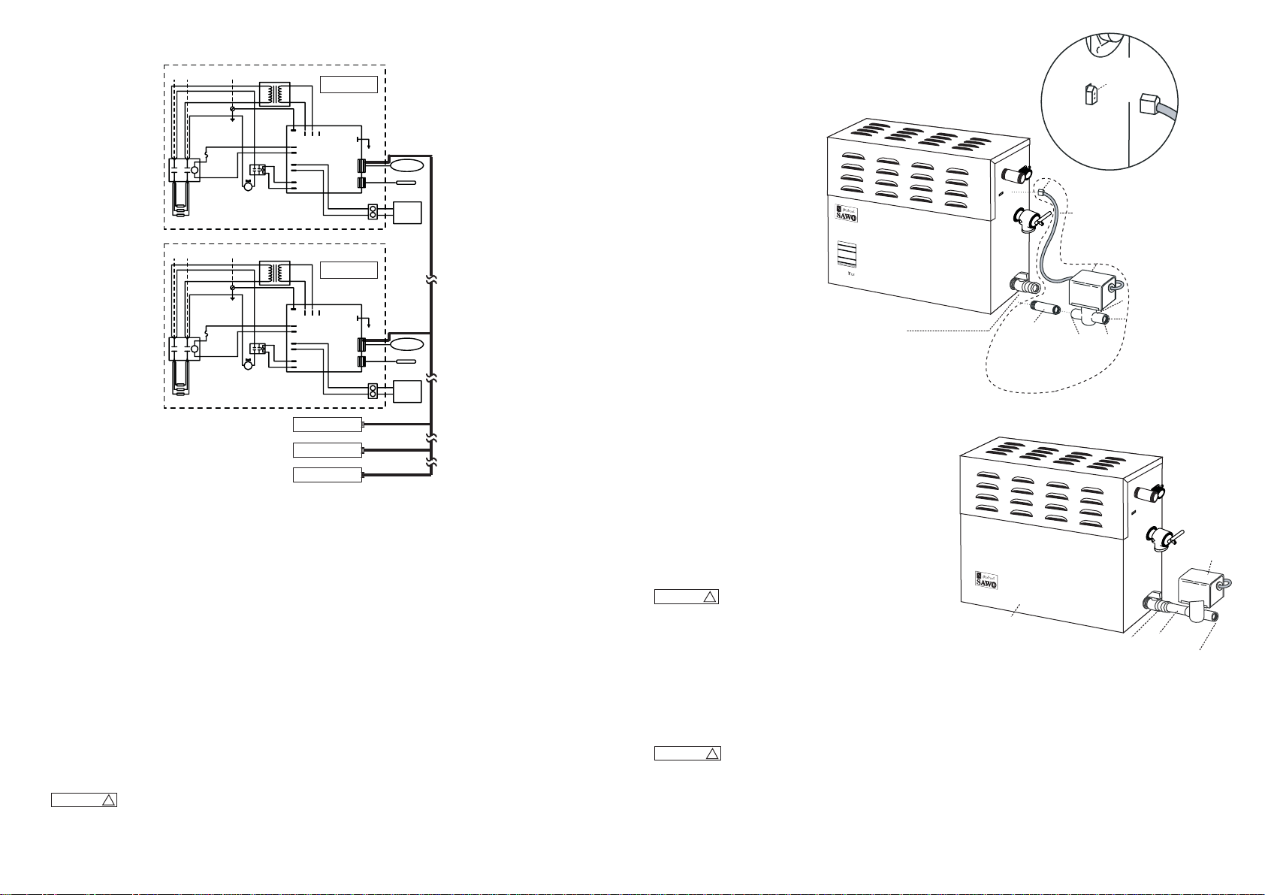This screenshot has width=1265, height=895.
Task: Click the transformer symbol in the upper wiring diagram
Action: pyautogui.click(x=273, y=93)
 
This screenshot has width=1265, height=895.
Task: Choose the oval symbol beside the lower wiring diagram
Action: pyautogui.click(x=406, y=344)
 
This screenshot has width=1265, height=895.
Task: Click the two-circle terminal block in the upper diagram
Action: pyautogui.click(x=372, y=211)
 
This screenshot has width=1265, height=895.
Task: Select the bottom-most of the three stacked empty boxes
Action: pyautogui.click(x=327, y=475)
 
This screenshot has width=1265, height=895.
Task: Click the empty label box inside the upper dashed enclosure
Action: pyautogui.click(x=349, y=83)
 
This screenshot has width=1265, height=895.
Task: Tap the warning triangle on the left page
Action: pyautogui.click(x=108, y=800)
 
